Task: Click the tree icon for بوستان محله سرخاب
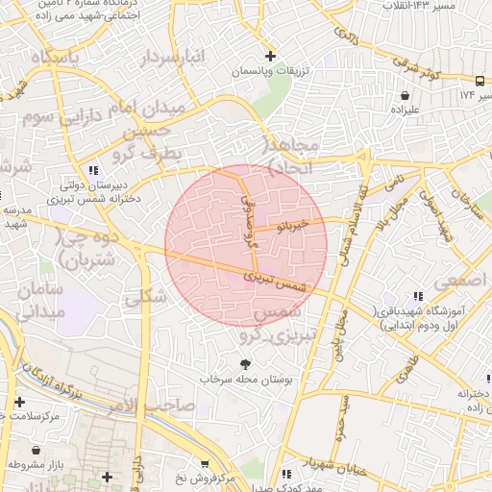245,363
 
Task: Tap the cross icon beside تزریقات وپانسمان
271,55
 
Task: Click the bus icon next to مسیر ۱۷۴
480,81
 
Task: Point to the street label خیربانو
291,227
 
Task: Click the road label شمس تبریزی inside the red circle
280,282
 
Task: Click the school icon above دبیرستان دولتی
92,171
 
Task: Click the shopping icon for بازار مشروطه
37,449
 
